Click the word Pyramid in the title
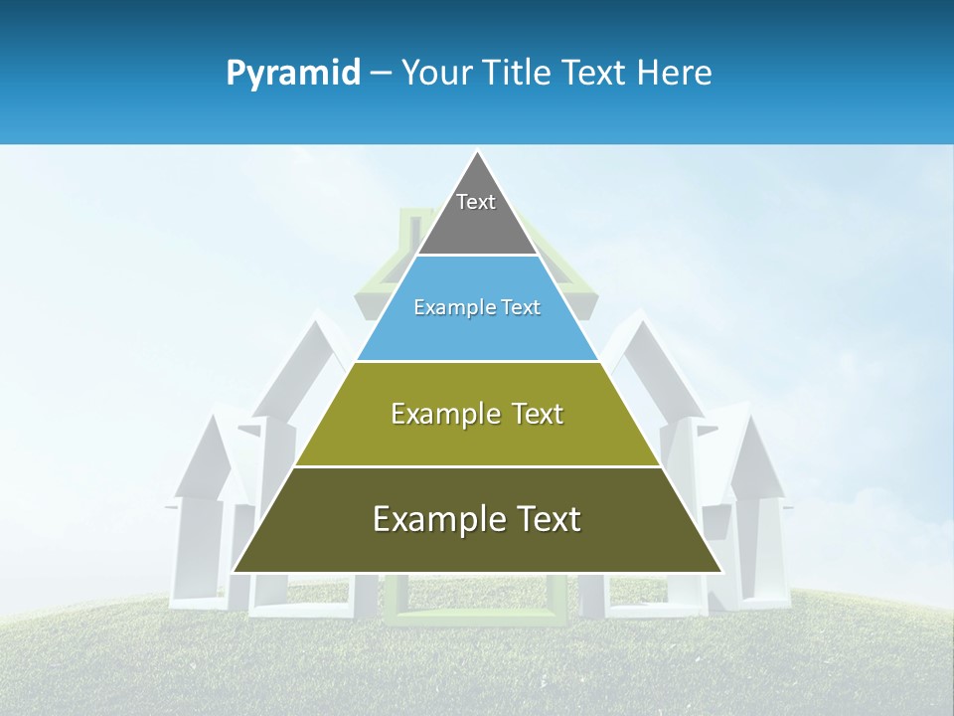(x=293, y=74)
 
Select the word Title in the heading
(x=519, y=74)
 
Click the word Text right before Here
(x=595, y=74)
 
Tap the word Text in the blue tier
(x=522, y=308)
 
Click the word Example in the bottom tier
(x=434, y=519)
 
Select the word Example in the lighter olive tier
(x=443, y=414)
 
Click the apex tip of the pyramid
(x=477, y=152)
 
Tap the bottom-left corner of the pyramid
(x=235, y=571)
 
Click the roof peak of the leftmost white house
(x=211, y=416)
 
